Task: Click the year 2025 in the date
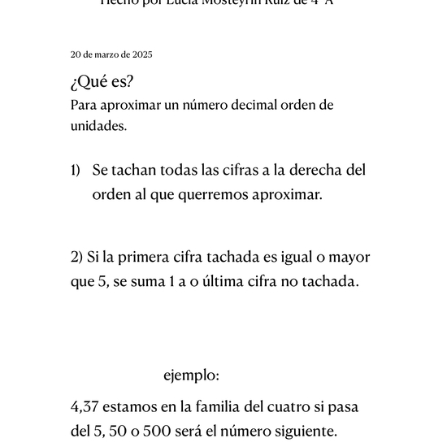pos(141,54)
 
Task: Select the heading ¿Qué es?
pos(102,83)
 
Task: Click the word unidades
pos(98,126)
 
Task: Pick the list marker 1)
pos(76,170)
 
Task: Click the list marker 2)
pos(77,257)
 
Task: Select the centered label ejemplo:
pos(191,375)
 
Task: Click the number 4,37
pos(85,406)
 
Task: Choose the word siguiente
pos(302,431)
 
